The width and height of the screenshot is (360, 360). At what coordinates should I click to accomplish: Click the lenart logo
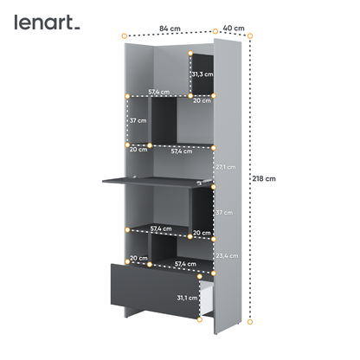point(47,22)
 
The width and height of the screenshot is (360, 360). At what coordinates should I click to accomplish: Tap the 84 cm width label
point(170,29)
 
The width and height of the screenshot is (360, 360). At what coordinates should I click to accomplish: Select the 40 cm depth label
point(234,29)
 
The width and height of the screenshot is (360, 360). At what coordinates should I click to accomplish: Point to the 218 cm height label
point(264,178)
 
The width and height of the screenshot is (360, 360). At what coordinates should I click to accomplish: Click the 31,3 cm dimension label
point(202,74)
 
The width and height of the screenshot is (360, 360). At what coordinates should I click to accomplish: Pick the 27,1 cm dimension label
point(226,167)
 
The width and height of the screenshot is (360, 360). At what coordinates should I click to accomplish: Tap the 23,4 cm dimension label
point(227,256)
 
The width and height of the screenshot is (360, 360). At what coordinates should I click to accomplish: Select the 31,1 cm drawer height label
point(187,298)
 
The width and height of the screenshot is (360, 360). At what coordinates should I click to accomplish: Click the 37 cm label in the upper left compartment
point(138,120)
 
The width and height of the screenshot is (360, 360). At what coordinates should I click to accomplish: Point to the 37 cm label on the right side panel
point(224,213)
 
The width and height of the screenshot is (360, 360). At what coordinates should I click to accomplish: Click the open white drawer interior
point(207,297)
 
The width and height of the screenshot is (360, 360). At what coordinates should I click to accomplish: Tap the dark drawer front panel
point(155,290)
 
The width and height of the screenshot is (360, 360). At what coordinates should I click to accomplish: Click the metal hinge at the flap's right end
point(204,182)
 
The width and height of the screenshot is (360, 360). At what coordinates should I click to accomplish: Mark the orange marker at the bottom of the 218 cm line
point(250,322)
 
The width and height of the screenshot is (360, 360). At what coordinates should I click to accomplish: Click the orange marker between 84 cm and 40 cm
point(215,31)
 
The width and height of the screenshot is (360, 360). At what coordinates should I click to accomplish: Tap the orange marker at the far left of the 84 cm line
point(124,36)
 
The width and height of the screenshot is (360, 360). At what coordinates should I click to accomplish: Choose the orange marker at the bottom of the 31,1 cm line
point(200,319)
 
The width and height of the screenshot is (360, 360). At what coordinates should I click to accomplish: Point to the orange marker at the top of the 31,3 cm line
point(190,53)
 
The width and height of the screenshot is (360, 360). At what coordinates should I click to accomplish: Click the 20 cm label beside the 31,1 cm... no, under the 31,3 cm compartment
point(202,100)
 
